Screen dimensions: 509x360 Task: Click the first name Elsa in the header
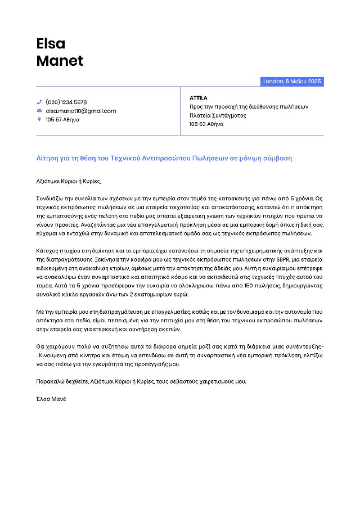coord(51,43)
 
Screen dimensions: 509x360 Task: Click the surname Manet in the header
coord(60,61)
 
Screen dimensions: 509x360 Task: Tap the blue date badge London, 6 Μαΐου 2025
coord(292,82)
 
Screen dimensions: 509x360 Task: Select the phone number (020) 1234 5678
coord(66,102)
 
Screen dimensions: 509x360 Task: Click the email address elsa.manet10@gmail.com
coord(81,111)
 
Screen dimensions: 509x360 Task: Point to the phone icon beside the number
coord(39,102)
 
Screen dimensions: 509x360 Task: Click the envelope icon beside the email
coord(39,111)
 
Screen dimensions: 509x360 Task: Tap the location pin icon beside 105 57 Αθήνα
coord(39,119)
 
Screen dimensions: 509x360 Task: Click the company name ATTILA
coord(199,98)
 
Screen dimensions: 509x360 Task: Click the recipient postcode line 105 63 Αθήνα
coord(206,124)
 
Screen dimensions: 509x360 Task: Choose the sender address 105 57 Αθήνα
coord(62,119)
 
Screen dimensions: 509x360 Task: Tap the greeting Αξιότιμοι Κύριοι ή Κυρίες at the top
coord(69,181)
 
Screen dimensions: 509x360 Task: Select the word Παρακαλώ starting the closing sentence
coord(49,381)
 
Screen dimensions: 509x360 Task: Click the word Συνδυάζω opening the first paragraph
coord(51,199)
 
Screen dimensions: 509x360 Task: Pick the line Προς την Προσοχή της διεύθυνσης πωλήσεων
coord(249,107)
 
